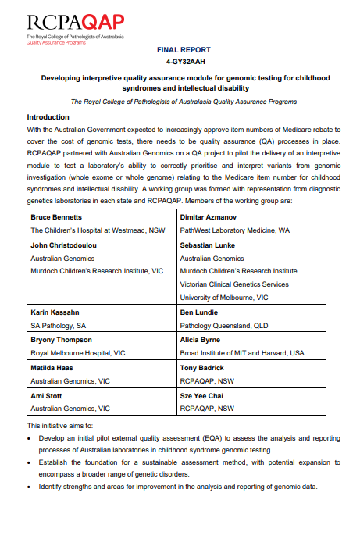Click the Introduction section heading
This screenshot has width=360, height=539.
click(x=53, y=116)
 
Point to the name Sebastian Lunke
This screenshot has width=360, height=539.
click(x=211, y=223)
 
